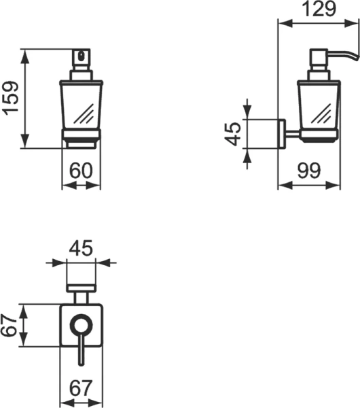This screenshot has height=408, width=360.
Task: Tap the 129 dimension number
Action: click(320, 10)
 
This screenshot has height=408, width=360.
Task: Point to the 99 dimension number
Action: click(309, 171)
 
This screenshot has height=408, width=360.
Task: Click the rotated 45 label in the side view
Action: click(233, 134)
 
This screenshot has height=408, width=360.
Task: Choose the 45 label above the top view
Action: click(80, 249)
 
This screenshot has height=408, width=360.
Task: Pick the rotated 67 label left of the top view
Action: click(9, 326)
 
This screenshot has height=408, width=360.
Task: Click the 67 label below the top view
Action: click(81, 388)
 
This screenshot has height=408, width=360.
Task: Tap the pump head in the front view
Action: click(81, 60)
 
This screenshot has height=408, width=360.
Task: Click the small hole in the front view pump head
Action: click(82, 54)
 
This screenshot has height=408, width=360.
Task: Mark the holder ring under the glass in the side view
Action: click(318, 135)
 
